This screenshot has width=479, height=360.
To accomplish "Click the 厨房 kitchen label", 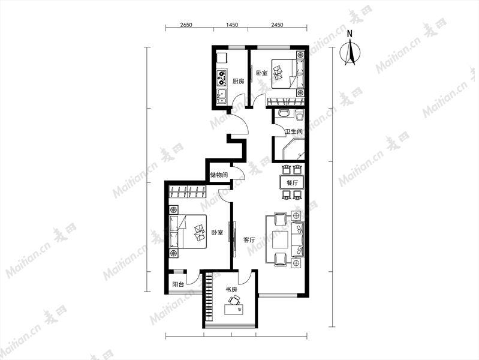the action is tap(238, 82).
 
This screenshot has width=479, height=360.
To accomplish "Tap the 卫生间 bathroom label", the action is tap(294, 131).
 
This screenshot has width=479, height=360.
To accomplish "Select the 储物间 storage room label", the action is tap(219, 175).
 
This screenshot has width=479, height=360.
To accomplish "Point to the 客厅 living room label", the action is tap(249, 240).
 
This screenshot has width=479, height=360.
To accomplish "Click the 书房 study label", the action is tap(231, 289).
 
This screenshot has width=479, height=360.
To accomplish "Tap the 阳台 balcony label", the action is tap(178, 284).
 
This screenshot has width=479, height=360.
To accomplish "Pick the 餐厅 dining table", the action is tap(292, 183).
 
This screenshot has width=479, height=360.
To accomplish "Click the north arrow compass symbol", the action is tap(350, 50).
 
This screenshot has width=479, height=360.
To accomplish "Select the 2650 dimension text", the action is tap(186, 25).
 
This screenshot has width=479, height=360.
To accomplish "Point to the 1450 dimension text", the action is tap(231, 25).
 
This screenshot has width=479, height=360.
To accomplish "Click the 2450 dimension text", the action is tap(277, 25).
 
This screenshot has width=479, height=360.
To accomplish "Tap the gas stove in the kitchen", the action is tap(222, 77).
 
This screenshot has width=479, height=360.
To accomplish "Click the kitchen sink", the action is tap(221, 97).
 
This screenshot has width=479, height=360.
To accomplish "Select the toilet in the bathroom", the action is tap(300, 115).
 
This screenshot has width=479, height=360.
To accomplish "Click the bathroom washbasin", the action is tap(284, 113).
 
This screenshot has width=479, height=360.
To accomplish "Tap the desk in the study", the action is tap(234, 309).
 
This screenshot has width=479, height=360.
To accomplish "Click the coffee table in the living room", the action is tap(280, 239).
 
